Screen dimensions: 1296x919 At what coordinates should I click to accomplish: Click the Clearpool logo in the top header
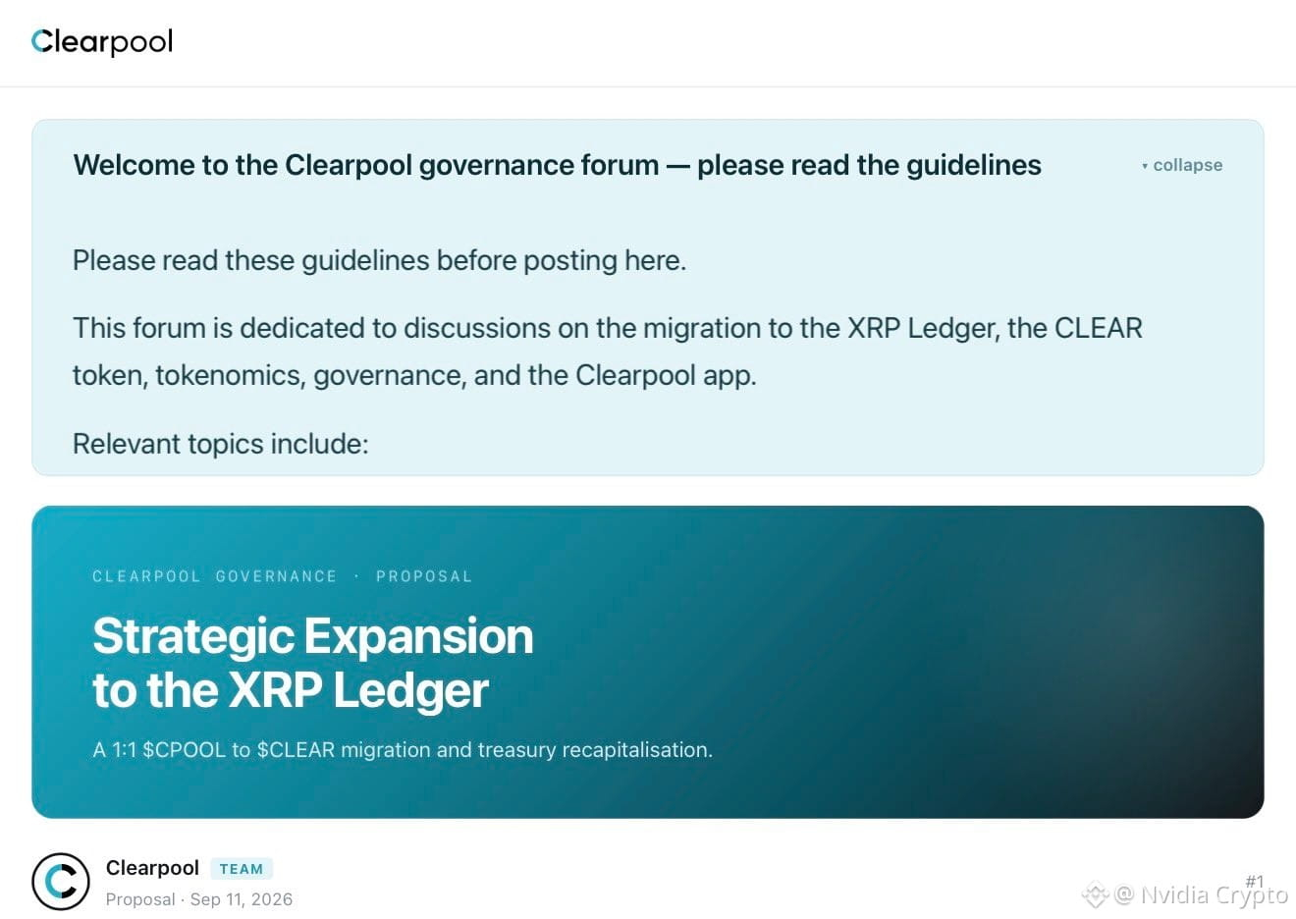[x=102, y=41]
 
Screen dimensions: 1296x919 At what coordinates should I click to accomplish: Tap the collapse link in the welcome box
[x=1182, y=166]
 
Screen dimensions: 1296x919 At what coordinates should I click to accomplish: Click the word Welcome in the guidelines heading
[x=134, y=166]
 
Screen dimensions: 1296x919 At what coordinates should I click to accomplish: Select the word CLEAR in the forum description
[x=1098, y=328]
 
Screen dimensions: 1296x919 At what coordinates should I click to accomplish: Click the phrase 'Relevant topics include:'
[x=221, y=445]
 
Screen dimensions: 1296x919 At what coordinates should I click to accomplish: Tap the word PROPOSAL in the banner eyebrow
[x=424, y=576]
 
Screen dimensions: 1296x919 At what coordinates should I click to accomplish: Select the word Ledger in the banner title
[x=411, y=690]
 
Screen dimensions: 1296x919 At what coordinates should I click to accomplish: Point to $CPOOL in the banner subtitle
[x=184, y=750]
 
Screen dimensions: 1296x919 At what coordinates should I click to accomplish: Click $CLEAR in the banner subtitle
[x=297, y=750]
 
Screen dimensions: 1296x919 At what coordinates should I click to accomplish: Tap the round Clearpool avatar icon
[x=61, y=882]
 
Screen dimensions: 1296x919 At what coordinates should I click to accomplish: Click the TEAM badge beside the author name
[x=242, y=869]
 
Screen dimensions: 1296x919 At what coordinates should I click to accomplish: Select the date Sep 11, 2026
[x=242, y=899]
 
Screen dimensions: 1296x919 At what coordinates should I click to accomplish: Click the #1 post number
[x=1255, y=882]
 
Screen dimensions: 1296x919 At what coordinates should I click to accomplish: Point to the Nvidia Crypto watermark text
[x=1215, y=895]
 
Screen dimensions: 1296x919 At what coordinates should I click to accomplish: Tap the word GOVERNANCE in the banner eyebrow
[x=276, y=576]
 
